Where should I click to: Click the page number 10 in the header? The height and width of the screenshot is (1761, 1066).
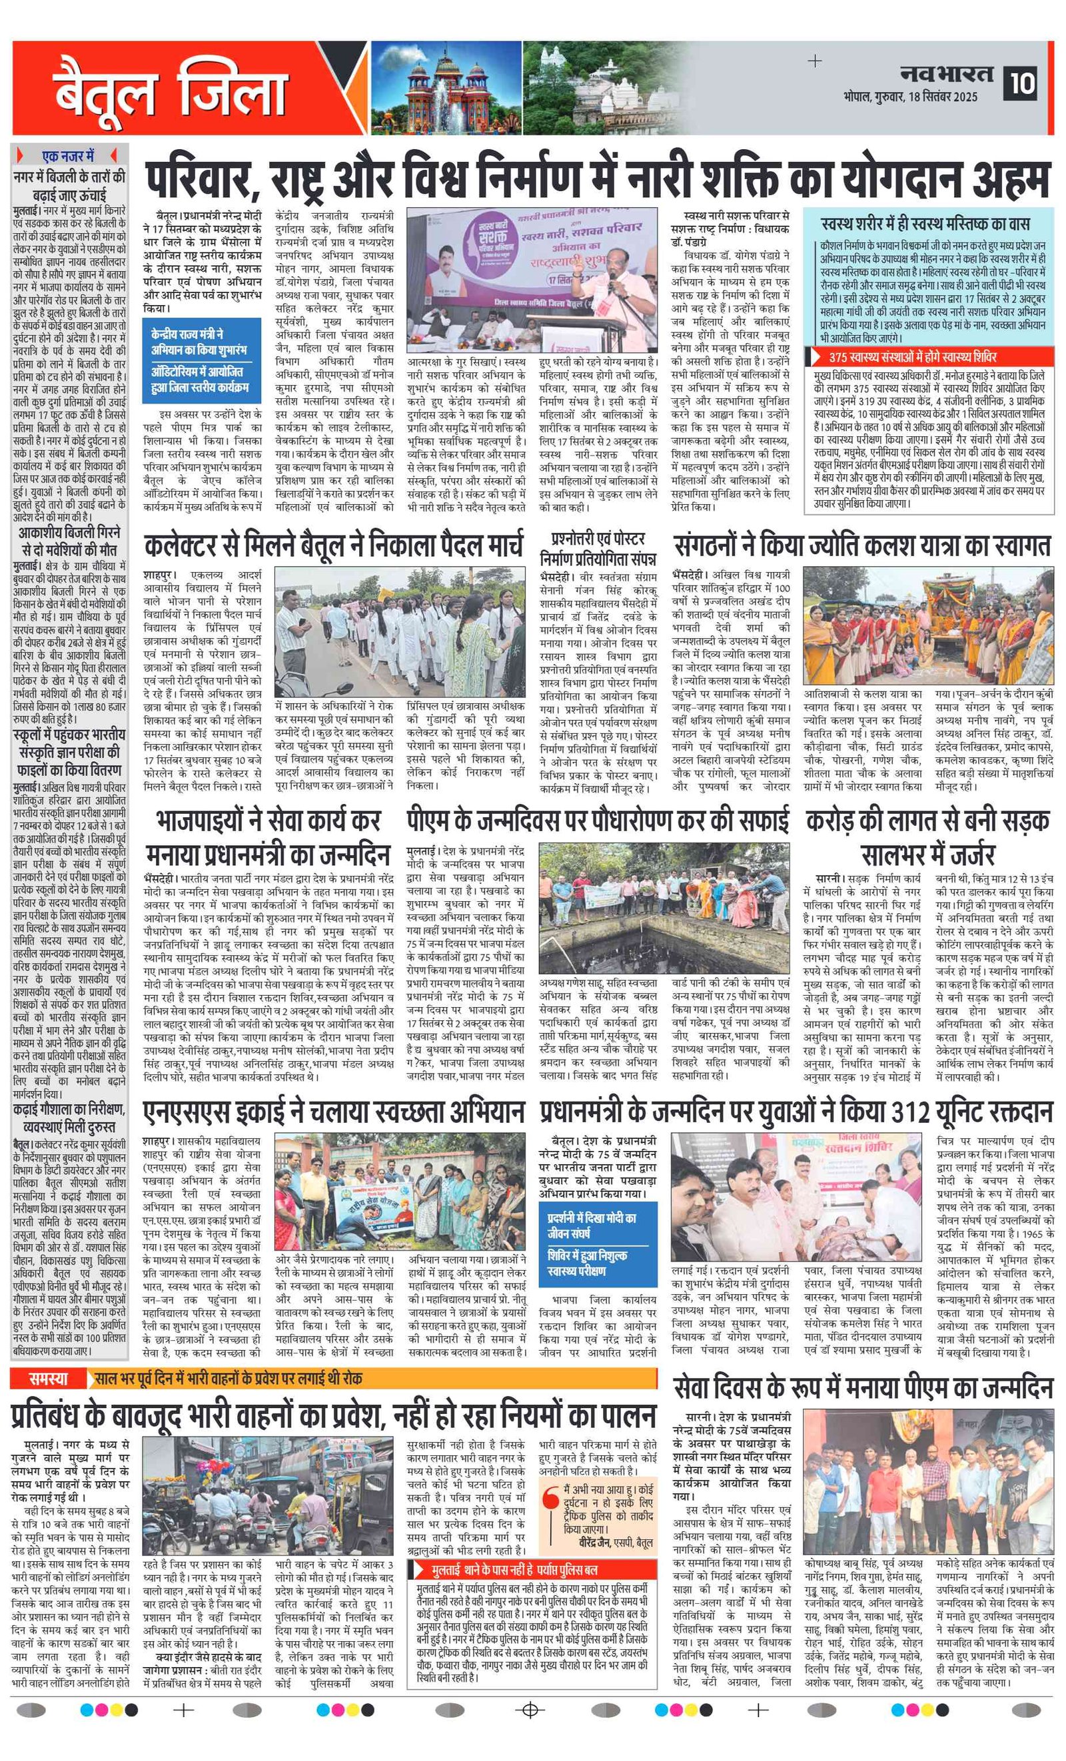click(x=1023, y=83)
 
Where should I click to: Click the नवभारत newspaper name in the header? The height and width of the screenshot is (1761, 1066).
click(x=947, y=74)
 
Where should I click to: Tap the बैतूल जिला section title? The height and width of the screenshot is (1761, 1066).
click(x=170, y=91)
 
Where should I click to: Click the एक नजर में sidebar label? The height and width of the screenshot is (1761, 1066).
click(x=68, y=157)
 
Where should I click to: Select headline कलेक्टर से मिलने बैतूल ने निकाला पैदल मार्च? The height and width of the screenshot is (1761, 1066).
click(x=333, y=547)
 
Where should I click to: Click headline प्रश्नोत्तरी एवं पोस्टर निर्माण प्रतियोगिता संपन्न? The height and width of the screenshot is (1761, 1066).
click(x=598, y=548)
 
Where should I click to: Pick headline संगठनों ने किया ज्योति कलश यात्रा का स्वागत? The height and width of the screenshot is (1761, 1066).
click(x=861, y=546)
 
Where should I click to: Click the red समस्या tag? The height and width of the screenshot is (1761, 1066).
click(x=49, y=1379)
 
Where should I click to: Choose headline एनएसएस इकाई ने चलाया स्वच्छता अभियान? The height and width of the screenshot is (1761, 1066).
click(x=334, y=1112)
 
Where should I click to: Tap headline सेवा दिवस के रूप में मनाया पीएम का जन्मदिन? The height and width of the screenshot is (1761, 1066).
click(x=863, y=1388)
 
